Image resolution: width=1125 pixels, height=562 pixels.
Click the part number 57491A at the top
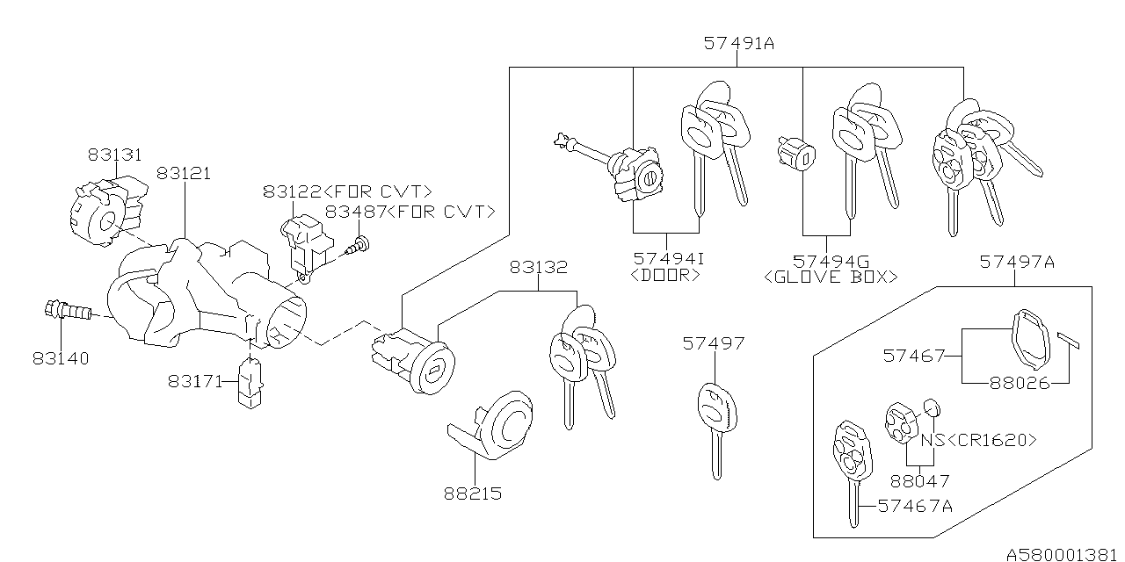(x=738, y=42)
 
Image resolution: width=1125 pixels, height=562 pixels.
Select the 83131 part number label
(x=114, y=155)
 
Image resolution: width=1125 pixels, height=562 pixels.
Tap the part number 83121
(x=184, y=174)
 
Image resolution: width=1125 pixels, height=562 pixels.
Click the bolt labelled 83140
(x=68, y=310)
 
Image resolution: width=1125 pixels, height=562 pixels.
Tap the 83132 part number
(x=538, y=267)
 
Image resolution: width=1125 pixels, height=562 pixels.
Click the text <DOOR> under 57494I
(x=666, y=276)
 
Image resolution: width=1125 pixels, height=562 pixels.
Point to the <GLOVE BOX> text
(x=831, y=277)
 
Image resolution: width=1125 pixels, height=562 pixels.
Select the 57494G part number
(x=831, y=260)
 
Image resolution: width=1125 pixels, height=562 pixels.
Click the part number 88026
(x=1020, y=383)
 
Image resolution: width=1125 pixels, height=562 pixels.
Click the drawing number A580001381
(x=1063, y=554)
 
